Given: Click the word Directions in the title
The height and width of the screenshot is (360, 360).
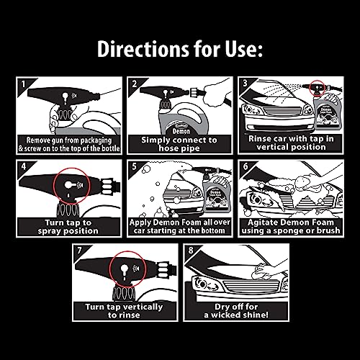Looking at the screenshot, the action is click(x=143, y=49).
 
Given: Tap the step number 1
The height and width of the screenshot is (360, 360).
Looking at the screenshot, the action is click(x=23, y=84).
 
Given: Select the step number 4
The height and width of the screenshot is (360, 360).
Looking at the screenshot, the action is click(x=24, y=166).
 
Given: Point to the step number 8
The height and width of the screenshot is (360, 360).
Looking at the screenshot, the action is click(x=191, y=251).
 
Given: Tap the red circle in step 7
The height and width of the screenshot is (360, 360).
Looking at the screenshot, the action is click(x=109, y=269).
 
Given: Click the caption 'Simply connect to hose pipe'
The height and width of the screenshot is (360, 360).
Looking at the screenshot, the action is click(x=179, y=144).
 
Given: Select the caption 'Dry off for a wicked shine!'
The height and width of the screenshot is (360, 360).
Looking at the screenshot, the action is click(x=236, y=311).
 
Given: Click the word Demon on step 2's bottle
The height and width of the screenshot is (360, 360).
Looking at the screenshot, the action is click(x=181, y=131).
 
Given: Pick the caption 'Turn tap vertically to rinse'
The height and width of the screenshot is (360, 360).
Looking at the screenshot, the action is click(x=124, y=311).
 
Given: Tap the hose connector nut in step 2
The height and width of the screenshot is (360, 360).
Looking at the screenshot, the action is click(x=194, y=92).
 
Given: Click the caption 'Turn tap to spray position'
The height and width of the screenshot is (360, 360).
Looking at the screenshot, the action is click(x=68, y=227).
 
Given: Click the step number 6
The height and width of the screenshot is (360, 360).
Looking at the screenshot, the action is click(x=246, y=166).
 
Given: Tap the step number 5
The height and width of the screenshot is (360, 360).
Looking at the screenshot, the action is click(x=135, y=166).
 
